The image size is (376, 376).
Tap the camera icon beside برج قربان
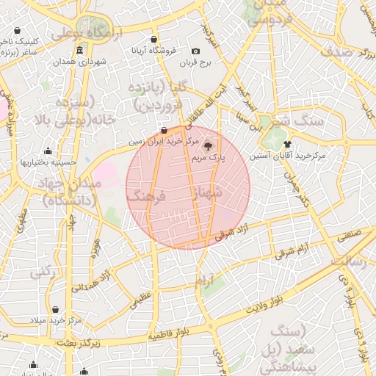click(195, 51)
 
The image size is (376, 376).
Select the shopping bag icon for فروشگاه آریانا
click(153, 39)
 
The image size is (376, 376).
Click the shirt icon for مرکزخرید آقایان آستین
click(287, 144)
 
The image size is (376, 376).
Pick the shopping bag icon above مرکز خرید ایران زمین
click(164, 130)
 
